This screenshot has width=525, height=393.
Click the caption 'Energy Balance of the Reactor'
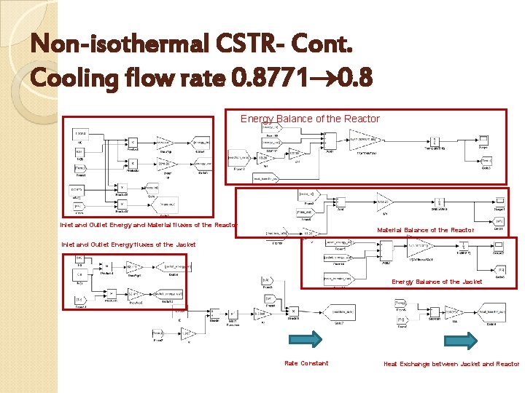[x=310, y=119]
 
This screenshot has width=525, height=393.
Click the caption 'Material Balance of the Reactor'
[x=425, y=230]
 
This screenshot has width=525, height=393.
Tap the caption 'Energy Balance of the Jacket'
[x=437, y=282]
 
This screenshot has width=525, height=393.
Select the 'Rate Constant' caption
[x=306, y=363]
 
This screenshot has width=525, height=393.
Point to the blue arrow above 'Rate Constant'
[x=306, y=341]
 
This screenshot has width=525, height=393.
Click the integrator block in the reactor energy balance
[x=435, y=140]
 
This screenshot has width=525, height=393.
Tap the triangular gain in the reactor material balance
[x=384, y=199]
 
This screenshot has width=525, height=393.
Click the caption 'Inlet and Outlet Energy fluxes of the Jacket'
[x=128, y=245]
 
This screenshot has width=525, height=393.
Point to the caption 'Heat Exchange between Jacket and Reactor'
[x=451, y=363]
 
